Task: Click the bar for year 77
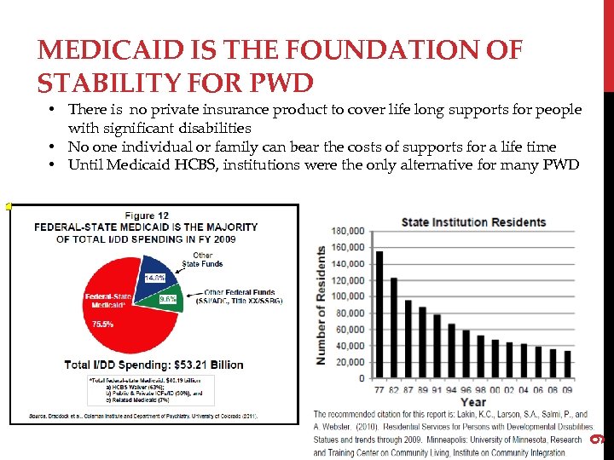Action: (379, 314)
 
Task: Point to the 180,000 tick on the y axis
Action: (348, 231)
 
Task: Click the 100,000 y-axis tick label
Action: (348, 296)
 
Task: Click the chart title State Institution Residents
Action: (473, 222)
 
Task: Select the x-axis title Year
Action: (473, 402)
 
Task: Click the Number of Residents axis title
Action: (321, 305)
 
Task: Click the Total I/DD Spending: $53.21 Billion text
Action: (154, 365)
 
